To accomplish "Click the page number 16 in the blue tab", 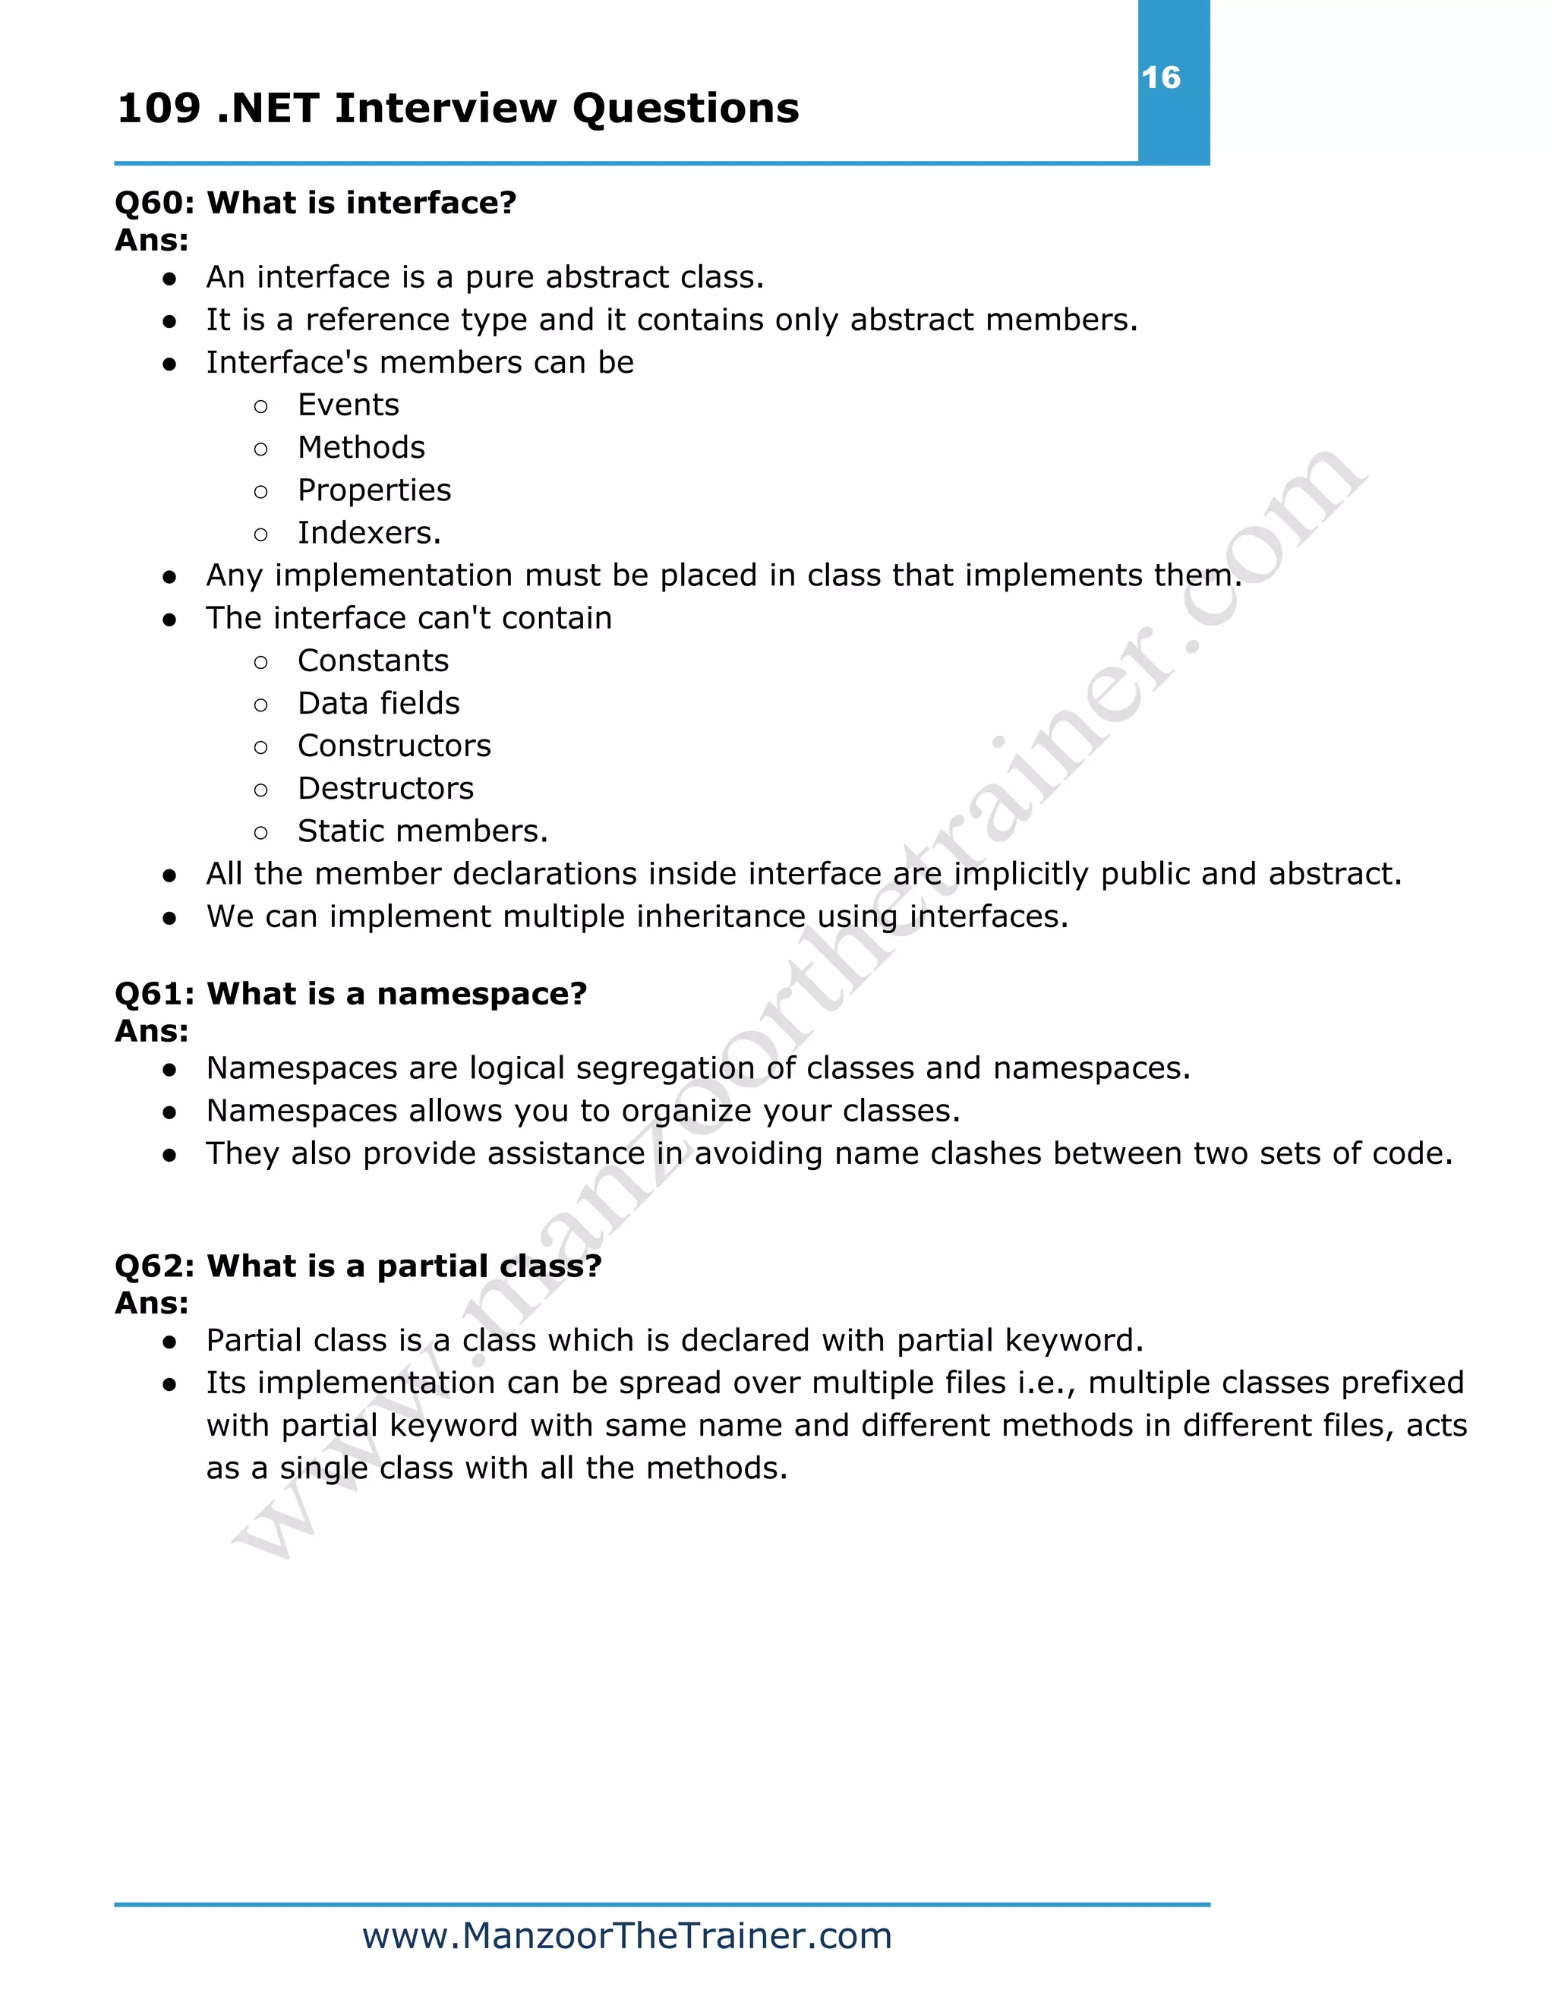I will pos(1161,77).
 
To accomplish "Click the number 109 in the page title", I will pos(159,109).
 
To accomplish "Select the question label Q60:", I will pos(154,203).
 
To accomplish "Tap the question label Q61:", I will pos(154,994).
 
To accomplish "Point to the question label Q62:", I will pos(154,1266).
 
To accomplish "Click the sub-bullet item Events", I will pos(349,405).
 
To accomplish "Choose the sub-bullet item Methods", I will pos(361,448).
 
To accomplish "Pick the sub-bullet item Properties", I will pos(374,491).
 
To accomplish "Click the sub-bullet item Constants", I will pos(373,661).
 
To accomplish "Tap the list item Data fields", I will pos(379,704).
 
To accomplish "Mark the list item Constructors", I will pos(394,746).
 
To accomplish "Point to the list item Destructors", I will pos(385,789).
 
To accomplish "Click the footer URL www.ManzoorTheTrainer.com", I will pos(627,1935).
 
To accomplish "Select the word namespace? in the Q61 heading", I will pos(482,994).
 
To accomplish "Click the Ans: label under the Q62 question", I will pos(152,1304).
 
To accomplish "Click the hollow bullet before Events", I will pos(260,406).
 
